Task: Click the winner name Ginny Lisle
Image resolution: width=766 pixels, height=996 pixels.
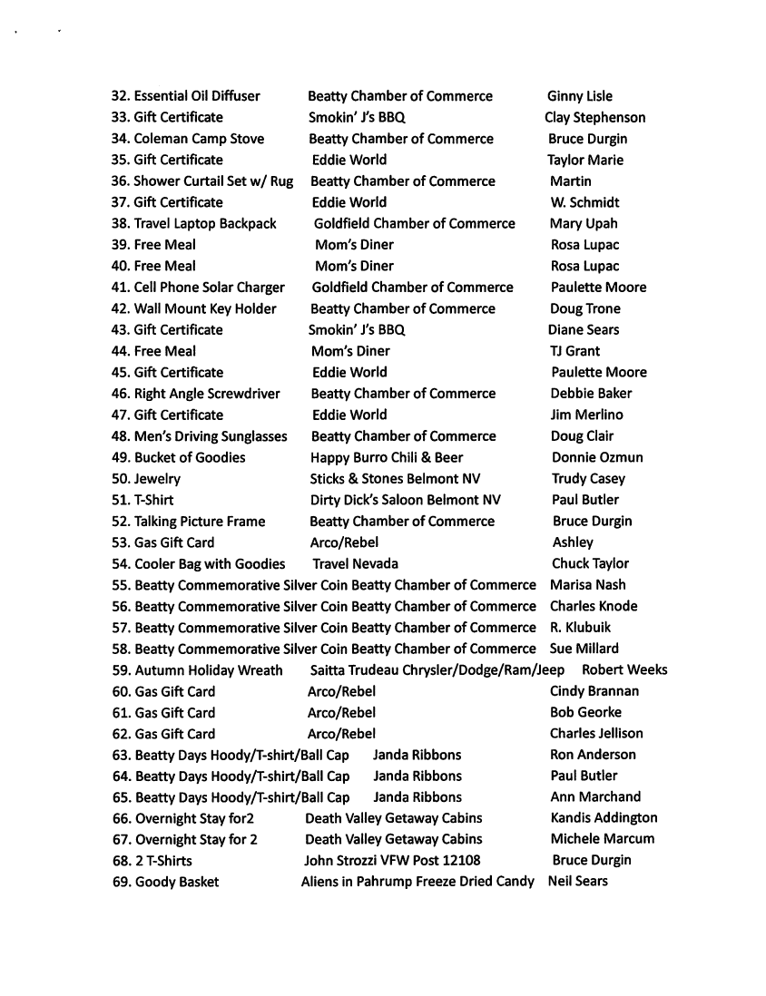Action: tap(579, 96)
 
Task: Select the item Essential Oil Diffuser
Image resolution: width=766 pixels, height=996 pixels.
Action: tap(197, 96)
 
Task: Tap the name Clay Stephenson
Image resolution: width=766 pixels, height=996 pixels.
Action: tap(594, 117)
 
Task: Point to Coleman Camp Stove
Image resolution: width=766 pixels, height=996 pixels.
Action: tap(199, 139)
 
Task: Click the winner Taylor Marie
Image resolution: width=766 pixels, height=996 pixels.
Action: tap(584, 160)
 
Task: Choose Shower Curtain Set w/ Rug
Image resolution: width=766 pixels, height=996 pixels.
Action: tap(213, 181)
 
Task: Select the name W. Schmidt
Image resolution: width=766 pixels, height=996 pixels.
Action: tap(584, 202)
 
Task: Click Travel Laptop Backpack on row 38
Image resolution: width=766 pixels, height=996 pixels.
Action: tap(205, 223)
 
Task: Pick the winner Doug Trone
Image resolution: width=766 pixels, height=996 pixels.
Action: tap(585, 308)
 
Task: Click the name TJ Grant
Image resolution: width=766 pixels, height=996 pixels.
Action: tap(574, 351)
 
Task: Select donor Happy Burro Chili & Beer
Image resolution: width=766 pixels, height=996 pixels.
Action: tap(387, 457)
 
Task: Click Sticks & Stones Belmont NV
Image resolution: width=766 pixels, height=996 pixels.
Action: tap(395, 479)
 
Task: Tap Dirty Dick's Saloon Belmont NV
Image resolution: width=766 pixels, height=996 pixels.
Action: tap(405, 500)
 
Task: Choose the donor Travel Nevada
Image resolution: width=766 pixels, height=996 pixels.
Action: tap(355, 563)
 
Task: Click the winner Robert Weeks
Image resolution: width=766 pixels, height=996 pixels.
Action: tap(624, 670)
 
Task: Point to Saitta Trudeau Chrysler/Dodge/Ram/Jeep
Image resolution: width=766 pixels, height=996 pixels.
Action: tap(437, 670)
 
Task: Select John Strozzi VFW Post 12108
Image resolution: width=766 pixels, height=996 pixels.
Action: tap(392, 860)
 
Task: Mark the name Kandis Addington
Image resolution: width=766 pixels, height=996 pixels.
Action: tap(604, 818)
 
